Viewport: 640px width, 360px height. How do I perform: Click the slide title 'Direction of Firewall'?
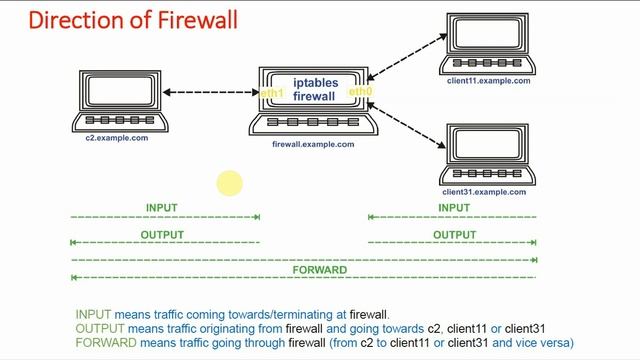tap(119, 19)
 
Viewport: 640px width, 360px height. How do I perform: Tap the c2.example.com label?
tap(116, 138)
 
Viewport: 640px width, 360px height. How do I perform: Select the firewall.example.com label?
tap(313, 144)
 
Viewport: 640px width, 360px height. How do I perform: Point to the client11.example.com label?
tap(488, 81)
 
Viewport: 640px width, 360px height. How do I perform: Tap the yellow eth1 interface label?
tap(272, 93)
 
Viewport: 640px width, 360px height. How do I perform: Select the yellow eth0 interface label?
tap(360, 92)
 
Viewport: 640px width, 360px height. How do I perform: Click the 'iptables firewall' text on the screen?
tap(316, 88)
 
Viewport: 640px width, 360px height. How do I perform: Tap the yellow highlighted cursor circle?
tap(229, 184)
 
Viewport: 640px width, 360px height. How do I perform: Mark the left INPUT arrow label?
tap(161, 208)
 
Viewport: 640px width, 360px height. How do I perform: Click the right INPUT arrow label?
tap(454, 208)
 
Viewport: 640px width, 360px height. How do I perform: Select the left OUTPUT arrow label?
tap(163, 235)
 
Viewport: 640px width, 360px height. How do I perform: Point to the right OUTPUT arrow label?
tap(454, 235)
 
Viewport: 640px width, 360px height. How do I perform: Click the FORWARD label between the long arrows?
tap(319, 270)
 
